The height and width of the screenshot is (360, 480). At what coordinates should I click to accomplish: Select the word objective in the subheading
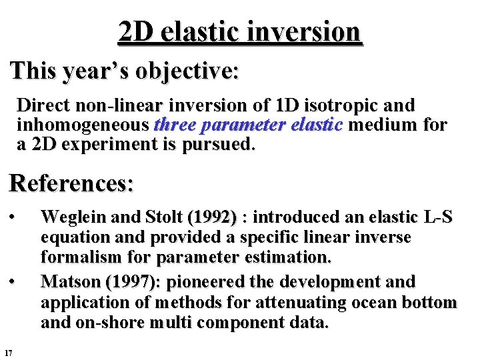click(186, 70)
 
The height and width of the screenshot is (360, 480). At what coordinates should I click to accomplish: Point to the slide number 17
click(8, 352)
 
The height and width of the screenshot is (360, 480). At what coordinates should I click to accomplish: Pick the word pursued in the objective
click(221, 144)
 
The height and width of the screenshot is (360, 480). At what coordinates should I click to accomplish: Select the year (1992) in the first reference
click(212, 217)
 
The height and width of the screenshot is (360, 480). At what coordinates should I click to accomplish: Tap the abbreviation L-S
click(438, 217)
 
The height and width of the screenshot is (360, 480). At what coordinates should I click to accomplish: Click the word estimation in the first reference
click(291, 257)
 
